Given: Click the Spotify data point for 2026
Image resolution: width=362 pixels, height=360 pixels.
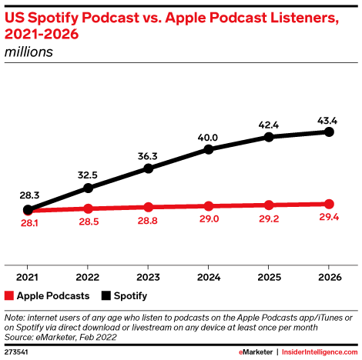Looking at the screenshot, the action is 329,132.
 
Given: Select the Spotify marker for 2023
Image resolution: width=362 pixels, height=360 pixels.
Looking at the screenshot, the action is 149,168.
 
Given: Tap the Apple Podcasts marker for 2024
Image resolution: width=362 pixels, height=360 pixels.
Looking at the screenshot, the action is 209,206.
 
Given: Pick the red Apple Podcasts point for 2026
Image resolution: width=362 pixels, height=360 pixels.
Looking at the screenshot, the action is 329,204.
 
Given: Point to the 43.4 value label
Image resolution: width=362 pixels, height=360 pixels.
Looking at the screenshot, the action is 327,121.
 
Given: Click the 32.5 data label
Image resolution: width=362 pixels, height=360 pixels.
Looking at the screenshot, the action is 88,175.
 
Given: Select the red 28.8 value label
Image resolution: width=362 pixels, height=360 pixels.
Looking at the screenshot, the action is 147,221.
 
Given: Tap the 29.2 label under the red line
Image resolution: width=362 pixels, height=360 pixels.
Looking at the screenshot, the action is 269,218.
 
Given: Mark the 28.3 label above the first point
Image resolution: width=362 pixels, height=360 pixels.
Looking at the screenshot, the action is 29,195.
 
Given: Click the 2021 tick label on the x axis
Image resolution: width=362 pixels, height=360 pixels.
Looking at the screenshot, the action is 27,277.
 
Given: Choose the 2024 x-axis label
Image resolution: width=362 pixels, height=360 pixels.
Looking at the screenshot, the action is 209,277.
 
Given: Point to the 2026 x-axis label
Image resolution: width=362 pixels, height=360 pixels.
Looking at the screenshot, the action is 330,277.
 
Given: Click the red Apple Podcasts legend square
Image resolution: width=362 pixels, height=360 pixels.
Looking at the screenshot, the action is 9,295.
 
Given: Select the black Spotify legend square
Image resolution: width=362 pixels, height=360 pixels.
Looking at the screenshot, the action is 106,295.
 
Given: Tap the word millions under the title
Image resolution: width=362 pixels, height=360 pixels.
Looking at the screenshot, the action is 28,52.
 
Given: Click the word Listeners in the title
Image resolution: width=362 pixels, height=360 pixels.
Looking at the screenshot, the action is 304,18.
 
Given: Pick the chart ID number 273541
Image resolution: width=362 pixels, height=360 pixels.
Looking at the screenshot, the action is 16,352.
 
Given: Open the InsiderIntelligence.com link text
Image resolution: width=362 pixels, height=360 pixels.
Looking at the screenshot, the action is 320,352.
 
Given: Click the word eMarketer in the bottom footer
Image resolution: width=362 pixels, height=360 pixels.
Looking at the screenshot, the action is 256,352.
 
